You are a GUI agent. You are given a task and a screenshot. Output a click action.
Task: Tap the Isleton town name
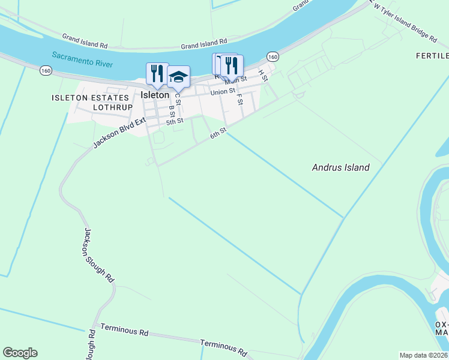pos(154,95)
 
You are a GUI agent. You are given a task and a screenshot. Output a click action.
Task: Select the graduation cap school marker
pos(178,76)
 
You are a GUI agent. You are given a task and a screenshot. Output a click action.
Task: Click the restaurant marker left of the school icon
pos(157,73)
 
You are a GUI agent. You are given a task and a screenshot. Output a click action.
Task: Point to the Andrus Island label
pos(340,167)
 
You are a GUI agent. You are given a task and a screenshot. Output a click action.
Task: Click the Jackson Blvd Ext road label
pos(119,133)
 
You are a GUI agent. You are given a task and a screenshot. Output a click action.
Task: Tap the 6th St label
pos(218,133)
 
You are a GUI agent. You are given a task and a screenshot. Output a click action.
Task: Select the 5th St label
pos(175,121)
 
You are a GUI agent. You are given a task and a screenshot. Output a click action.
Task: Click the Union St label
pos(222,92)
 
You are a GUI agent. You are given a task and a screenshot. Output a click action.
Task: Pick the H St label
pos(262,76)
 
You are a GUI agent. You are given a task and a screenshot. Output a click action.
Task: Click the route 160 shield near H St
pos(273,57)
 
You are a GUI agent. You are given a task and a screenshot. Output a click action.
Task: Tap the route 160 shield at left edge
pos(46,71)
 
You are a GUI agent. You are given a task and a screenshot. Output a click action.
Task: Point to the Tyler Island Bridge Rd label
pos(405,23)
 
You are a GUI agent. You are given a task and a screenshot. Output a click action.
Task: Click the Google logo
pos(20,353)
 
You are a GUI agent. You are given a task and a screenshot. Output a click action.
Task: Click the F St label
pos(240,100)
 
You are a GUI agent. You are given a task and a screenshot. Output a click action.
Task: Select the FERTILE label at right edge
pos(432,56)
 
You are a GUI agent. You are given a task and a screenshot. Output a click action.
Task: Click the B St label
pos(172,112)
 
